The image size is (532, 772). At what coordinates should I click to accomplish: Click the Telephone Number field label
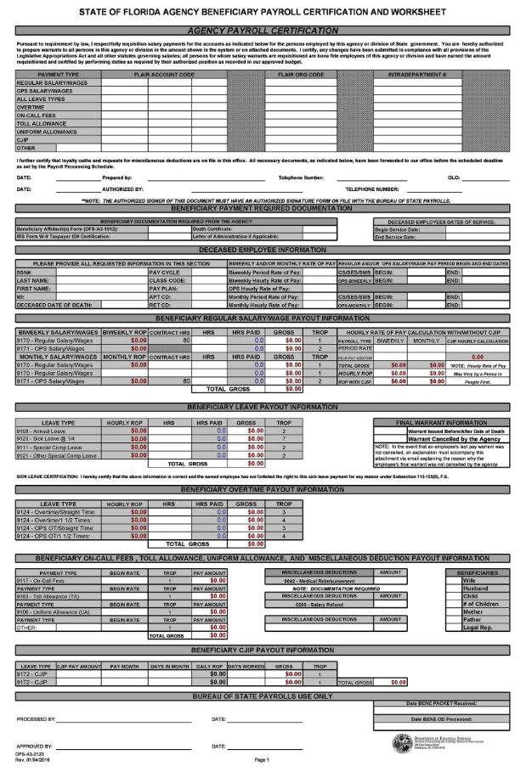(x=301, y=178)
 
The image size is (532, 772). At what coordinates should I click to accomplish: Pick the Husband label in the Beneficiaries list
(x=475, y=588)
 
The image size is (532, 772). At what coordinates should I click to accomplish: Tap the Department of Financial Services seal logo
(x=399, y=741)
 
